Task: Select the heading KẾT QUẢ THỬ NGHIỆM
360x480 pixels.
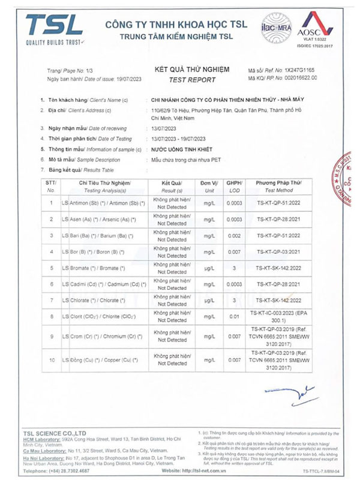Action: pos(192,70)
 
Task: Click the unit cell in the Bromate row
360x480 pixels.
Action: pos(209,268)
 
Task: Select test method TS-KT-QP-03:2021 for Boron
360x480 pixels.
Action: pos(285,252)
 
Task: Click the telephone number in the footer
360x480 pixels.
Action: pos(67,470)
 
